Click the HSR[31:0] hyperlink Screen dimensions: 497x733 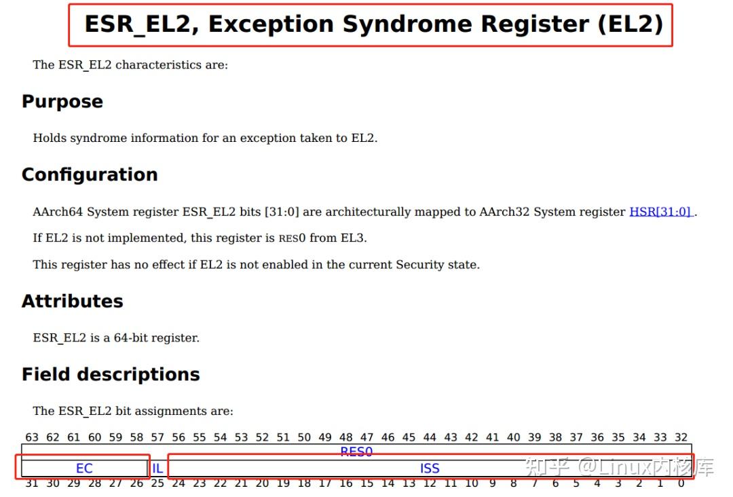point(660,212)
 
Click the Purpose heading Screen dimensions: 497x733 point(62,102)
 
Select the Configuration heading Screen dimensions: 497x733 point(90,174)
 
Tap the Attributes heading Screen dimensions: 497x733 point(73,301)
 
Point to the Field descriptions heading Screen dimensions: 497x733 point(111,375)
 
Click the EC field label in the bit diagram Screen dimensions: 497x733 point(84,468)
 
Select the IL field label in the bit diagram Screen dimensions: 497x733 point(157,468)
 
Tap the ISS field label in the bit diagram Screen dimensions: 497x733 point(430,468)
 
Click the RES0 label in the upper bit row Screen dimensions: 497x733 point(356,452)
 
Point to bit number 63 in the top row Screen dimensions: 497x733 point(32,438)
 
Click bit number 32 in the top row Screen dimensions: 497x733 point(681,438)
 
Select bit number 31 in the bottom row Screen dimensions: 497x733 point(32,483)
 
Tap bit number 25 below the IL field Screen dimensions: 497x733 point(157,483)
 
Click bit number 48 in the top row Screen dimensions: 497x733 point(346,438)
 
